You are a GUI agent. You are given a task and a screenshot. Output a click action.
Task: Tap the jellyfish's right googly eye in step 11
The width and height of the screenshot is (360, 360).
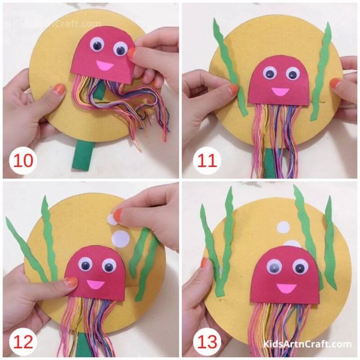point(292,73)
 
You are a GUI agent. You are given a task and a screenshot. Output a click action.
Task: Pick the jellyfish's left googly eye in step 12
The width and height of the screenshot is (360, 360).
point(86,265)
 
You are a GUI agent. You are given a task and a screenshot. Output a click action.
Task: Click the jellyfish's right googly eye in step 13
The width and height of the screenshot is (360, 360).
point(300,267)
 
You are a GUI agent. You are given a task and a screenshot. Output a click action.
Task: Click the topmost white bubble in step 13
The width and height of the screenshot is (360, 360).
point(283,227)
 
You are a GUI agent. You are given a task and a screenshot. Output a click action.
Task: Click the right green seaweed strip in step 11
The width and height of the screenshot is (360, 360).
point(322,70)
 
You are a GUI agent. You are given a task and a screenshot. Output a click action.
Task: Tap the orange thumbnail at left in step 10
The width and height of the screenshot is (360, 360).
point(59,90)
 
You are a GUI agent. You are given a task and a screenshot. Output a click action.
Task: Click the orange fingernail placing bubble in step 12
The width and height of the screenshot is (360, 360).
point(118,215)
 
